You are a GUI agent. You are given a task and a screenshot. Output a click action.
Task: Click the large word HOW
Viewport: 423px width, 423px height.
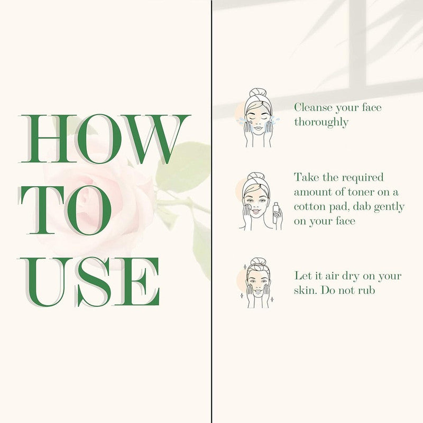pyautogui.click(x=105, y=139)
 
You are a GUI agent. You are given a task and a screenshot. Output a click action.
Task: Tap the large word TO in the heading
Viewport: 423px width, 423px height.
pyautogui.click(x=65, y=210)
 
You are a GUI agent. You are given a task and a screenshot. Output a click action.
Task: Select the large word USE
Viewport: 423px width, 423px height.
pyautogui.click(x=89, y=282)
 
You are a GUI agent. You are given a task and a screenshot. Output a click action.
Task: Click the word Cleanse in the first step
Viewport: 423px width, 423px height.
pyautogui.click(x=313, y=107)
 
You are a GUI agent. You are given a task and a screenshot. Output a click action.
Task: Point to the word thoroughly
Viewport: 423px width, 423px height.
pyautogui.click(x=321, y=122)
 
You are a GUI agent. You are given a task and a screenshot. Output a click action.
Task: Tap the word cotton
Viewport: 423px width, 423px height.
pyautogui.click(x=309, y=207)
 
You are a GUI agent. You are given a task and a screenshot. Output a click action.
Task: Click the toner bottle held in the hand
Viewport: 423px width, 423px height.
pyautogui.click(x=275, y=213)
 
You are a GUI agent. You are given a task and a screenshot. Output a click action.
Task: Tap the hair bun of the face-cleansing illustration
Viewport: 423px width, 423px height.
pyautogui.click(x=258, y=93)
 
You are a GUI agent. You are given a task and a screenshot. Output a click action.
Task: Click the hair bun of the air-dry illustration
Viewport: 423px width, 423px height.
pyautogui.click(x=258, y=262)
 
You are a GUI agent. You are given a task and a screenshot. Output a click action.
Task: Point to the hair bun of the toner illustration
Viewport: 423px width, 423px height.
pyautogui.click(x=256, y=177)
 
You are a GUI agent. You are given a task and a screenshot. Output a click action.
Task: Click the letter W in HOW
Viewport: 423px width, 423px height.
pyautogui.click(x=157, y=139)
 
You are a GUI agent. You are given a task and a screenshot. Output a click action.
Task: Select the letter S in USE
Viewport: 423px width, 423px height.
pyautogui.click(x=94, y=282)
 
